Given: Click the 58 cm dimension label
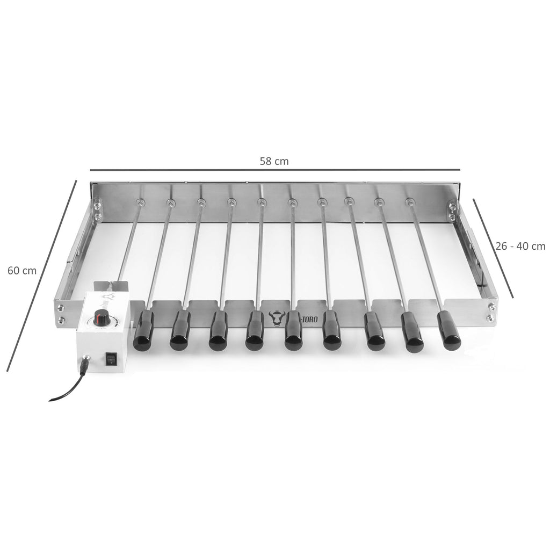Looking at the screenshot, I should coord(274,161).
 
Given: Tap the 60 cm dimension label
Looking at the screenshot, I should coord(22,271).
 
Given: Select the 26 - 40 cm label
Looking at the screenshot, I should coord(519,246).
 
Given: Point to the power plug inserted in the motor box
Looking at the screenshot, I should coord(85,365).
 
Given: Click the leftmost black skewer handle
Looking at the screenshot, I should coord(143,331).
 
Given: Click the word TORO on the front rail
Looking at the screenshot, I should coord(310,317).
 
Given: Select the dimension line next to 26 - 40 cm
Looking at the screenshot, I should coord(493,248).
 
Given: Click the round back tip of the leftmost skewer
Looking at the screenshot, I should coord(140,202).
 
